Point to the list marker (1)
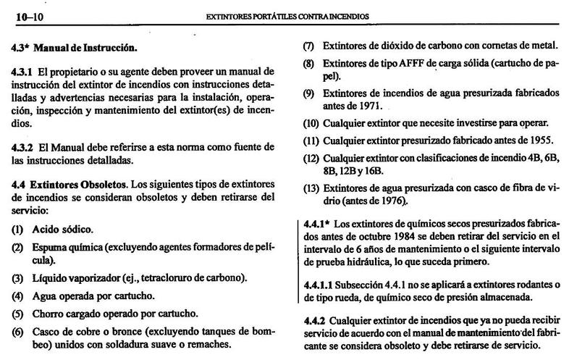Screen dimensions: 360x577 pyautogui.click(x=17, y=229)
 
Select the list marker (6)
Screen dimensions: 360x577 pyautogui.click(x=17, y=332)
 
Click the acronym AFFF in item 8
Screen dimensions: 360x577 pyautogui.click(x=408, y=63)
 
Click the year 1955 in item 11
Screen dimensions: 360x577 pyautogui.click(x=533, y=139)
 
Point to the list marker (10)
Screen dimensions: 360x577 pyautogui.click(x=311, y=123)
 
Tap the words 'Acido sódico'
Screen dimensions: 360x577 pyautogui.click(x=62, y=229)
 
